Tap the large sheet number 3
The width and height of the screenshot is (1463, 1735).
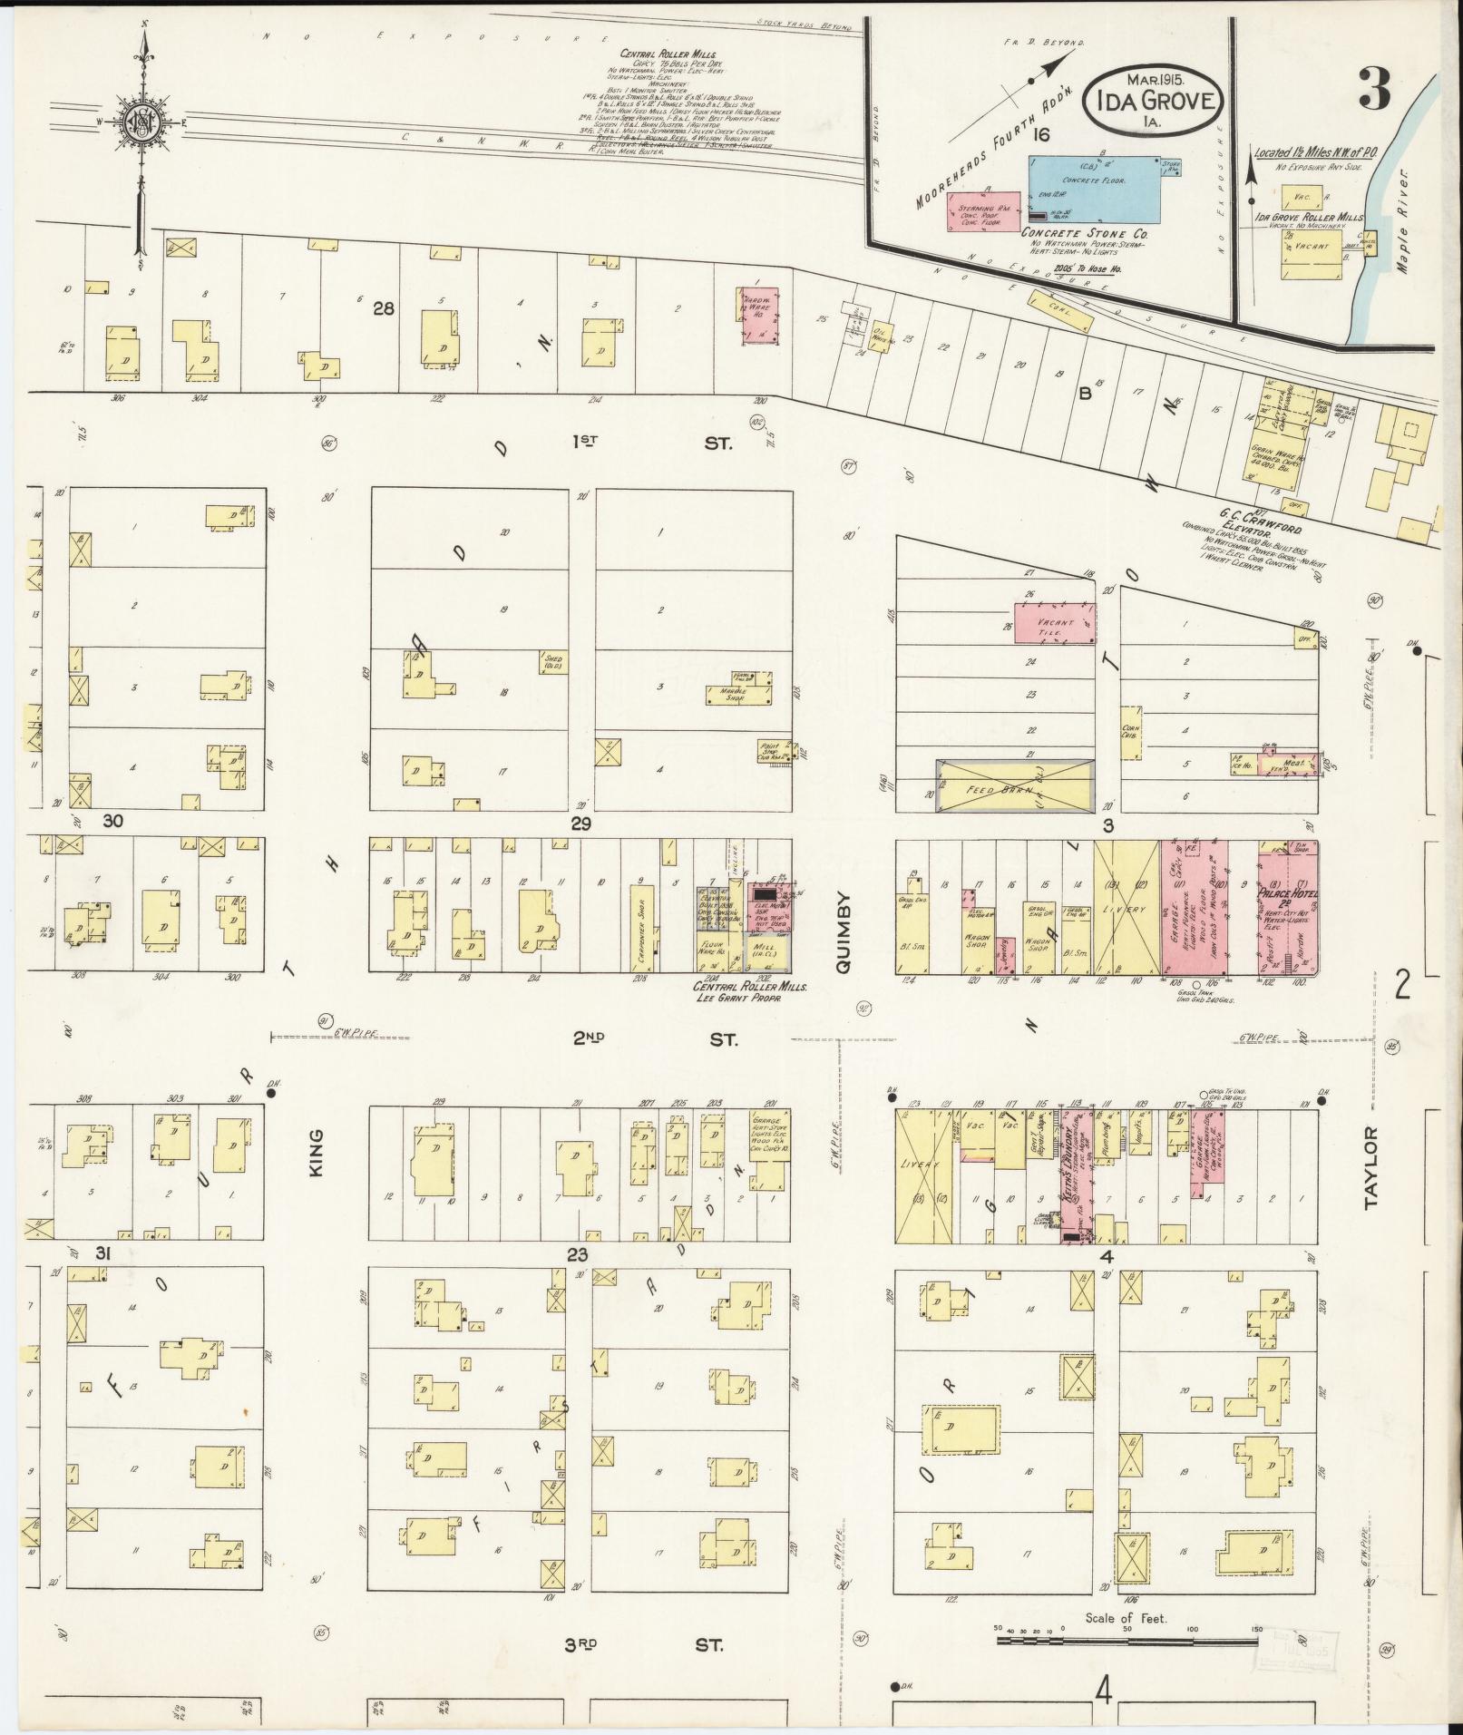pos(1374,88)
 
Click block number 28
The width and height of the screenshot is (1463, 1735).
pos(384,309)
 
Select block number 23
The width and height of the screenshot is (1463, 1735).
pos(578,1255)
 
